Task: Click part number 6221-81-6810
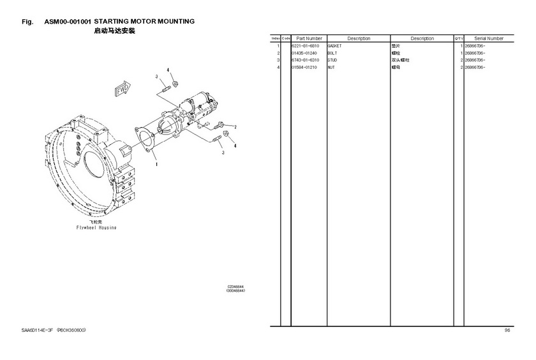click(305, 47)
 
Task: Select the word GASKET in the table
click(334, 47)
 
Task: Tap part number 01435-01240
click(305, 54)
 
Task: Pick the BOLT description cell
click(332, 54)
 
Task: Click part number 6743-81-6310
click(305, 60)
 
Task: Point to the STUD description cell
click(332, 60)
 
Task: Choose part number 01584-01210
click(305, 67)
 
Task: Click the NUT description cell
click(331, 67)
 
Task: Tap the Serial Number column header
click(489, 39)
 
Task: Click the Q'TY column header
click(458, 39)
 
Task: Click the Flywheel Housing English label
click(96, 227)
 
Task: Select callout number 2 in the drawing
click(234, 128)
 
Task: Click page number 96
click(507, 330)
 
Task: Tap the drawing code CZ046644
click(236, 287)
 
